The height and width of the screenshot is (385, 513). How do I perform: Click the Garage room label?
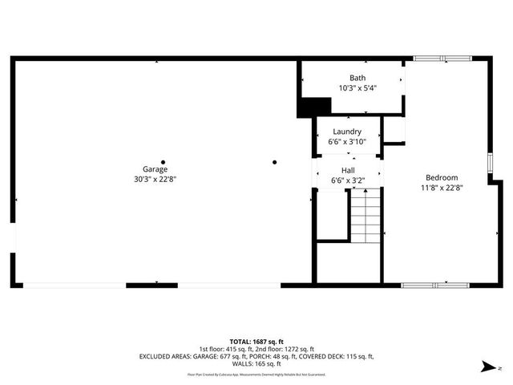point(156,169)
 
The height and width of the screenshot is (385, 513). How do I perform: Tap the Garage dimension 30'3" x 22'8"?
point(156,180)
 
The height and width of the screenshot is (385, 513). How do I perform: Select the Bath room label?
point(357,78)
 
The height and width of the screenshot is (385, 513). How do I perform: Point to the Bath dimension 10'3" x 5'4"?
point(357,88)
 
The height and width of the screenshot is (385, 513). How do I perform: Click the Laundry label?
point(348,132)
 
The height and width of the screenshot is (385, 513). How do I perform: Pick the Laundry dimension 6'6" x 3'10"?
point(348,142)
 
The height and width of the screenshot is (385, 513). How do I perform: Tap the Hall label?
point(348,170)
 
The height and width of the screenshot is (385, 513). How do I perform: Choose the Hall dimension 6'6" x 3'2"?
point(348,180)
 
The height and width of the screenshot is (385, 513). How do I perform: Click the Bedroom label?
point(442,177)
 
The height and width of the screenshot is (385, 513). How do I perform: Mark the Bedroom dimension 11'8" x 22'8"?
point(442,188)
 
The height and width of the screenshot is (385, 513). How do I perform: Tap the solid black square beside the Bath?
point(314,106)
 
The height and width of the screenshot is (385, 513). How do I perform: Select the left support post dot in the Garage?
point(164,162)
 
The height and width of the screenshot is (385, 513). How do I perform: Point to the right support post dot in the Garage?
point(274,162)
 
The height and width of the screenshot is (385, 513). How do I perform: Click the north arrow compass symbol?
point(487,367)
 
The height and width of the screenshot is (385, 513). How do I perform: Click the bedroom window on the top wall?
point(442,58)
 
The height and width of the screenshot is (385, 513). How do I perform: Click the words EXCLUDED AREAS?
point(168,356)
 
